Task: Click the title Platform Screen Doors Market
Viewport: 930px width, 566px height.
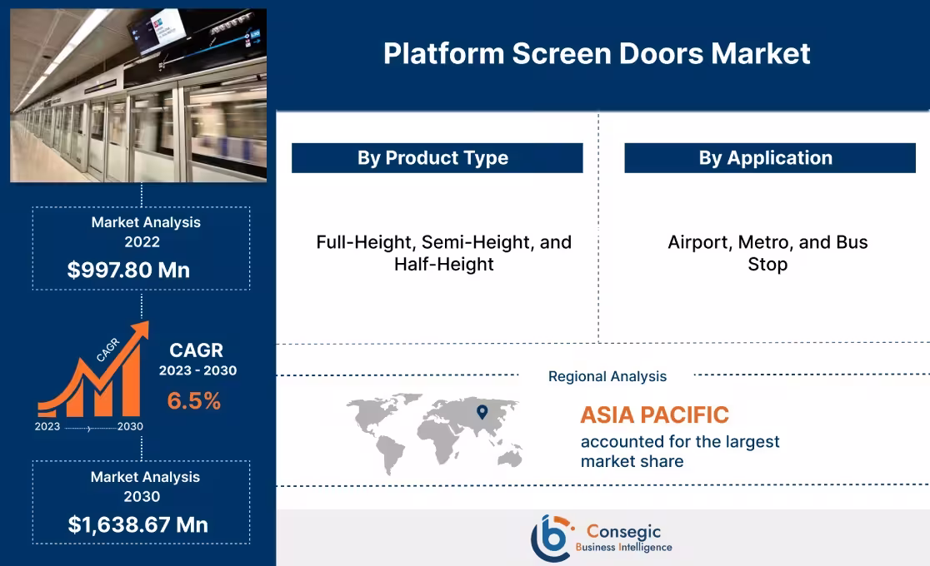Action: (597, 54)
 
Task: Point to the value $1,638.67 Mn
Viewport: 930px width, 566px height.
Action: (138, 524)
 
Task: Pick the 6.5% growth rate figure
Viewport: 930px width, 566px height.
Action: (194, 401)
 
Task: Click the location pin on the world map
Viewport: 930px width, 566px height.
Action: (482, 411)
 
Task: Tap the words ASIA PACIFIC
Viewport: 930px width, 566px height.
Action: (654, 415)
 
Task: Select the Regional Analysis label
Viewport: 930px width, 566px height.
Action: (607, 376)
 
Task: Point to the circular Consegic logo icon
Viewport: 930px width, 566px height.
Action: (551, 538)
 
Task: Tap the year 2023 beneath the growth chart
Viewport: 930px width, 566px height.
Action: (47, 426)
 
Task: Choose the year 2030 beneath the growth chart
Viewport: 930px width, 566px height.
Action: (130, 426)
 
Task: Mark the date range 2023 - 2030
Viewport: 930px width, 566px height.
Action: (198, 370)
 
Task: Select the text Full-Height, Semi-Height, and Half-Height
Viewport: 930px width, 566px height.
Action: (444, 253)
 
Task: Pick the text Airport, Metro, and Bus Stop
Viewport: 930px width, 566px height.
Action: (767, 253)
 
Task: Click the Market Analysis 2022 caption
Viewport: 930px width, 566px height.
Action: (146, 232)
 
